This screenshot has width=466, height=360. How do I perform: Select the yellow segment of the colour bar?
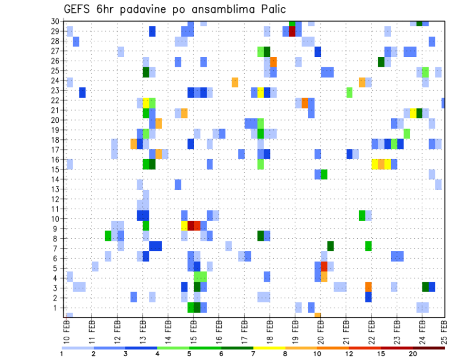click(x=269, y=348)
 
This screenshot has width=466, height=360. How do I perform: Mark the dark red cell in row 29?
click(x=292, y=32)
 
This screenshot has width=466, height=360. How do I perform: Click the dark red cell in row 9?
click(x=191, y=226)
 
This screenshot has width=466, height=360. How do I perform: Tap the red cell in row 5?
click(x=324, y=266)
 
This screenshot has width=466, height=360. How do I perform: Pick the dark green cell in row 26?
click(x=381, y=62)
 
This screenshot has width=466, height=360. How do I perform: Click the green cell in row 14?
click(x=324, y=174)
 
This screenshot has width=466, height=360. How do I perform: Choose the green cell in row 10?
click(x=362, y=215)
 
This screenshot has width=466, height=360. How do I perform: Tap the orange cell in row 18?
click(x=133, y=144)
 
